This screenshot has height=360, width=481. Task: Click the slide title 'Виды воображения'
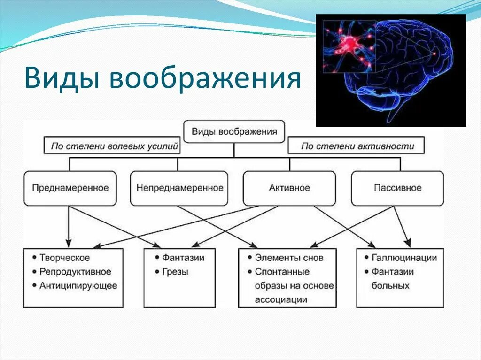(162, 77)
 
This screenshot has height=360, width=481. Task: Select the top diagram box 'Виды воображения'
(234, 132)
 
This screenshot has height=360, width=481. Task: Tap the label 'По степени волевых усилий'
(114, 146)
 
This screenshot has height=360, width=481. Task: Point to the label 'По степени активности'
(357, 146)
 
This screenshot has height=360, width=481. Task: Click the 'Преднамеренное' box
(70, 188)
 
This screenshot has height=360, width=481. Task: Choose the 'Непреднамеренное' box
(179, 188)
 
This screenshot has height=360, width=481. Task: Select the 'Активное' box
(289, 188)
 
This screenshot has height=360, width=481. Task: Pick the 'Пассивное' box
(397, 188)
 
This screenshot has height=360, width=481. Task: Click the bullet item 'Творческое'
(64, 258)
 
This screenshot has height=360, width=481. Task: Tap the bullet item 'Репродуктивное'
(75, 272)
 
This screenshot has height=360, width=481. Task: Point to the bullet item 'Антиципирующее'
(78, 285)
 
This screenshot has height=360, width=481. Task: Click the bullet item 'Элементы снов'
(289, 258)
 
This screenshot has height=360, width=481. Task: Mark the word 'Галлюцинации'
(404, 258)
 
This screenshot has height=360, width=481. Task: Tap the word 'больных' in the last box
(390, 285)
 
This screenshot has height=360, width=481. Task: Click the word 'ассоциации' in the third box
(281, 299)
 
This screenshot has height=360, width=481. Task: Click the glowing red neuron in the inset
(349, 43)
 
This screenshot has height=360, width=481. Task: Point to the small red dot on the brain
(434, 54)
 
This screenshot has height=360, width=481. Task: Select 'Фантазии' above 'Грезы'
(183, 258)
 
